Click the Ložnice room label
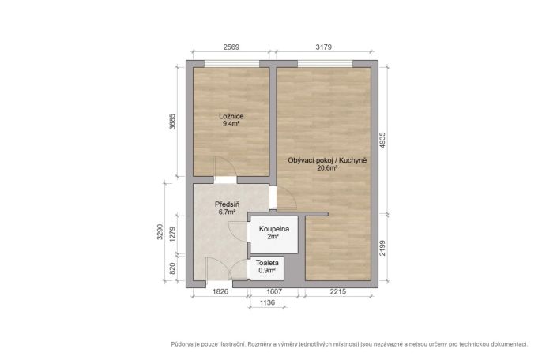tap(231, 116)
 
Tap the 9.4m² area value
tap(231, 124)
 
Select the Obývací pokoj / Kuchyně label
tap(327, 160)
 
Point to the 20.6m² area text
tap(327, 168)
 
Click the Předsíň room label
tap(227, 204)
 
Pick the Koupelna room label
tap(274, 229)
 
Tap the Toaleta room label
tap(267, 263)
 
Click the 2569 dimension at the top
tap(231, 47)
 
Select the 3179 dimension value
tap(324, 47)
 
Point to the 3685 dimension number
tap(172, 122)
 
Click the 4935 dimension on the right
tap(382, 141)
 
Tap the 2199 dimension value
tap(382, 248)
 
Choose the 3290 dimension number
tap(160, 232)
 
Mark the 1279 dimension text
tap(173, 234)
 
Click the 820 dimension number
tap(173, 268)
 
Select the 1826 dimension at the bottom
tap(220, 291)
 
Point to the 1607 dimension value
tap(274, 291)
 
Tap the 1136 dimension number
tap(267, 302)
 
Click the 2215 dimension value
tap(337, 291)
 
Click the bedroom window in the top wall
tap(231, 64)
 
